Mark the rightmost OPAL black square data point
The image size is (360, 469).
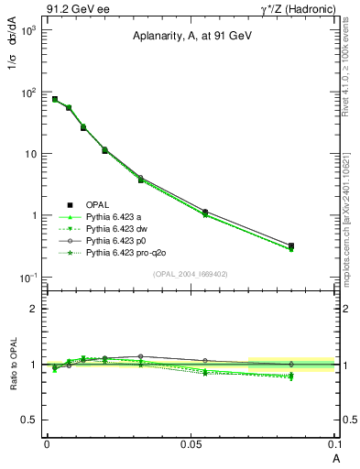coord(291,245)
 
